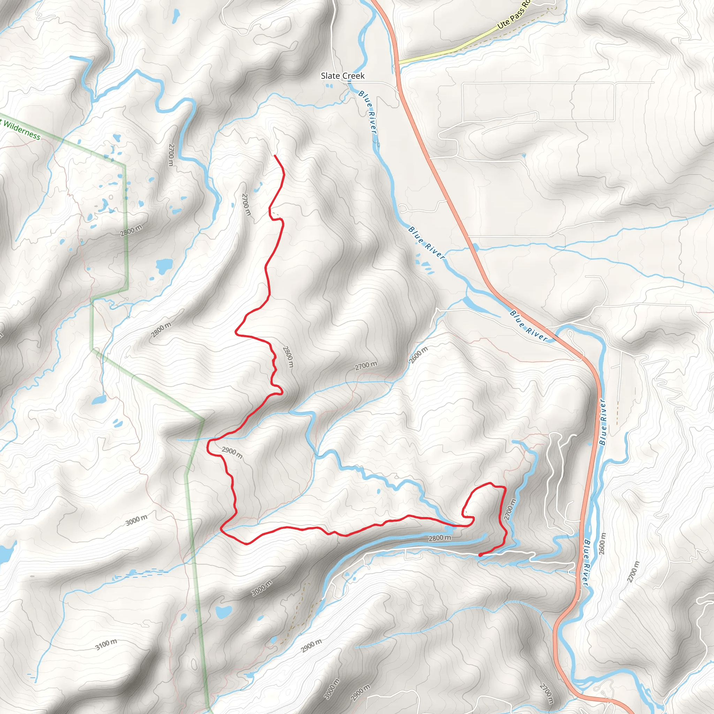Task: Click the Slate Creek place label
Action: pos(342,76)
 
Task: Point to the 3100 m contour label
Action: pos(106,645)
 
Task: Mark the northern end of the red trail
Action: pos(275,156)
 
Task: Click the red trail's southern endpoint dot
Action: pos(480,555)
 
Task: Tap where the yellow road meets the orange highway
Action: pos(398,62)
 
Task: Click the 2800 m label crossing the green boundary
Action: pos(131,230)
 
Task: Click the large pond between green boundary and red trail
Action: pos(164,265)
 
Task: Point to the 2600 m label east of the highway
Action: pos(602,543)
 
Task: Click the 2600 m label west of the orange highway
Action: pos(418,355)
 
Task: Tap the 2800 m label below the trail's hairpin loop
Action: pos(439,538)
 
